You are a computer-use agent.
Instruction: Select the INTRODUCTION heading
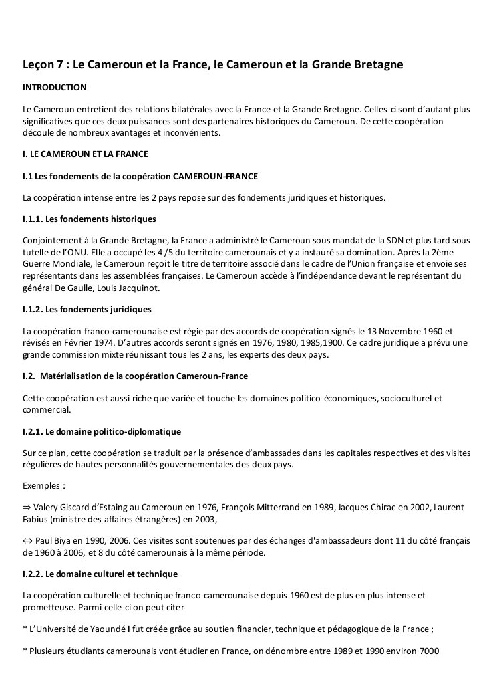point(54,88)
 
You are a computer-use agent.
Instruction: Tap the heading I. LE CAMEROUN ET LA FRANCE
point(86,154)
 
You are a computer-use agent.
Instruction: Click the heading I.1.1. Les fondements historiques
point(89,219)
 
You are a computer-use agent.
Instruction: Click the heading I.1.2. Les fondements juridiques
point(87,310)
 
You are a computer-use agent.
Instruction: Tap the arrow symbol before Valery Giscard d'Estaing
point(27,507)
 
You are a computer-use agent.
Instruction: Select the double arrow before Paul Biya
point(27,540)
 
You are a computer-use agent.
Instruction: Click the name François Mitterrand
point(247,507)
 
